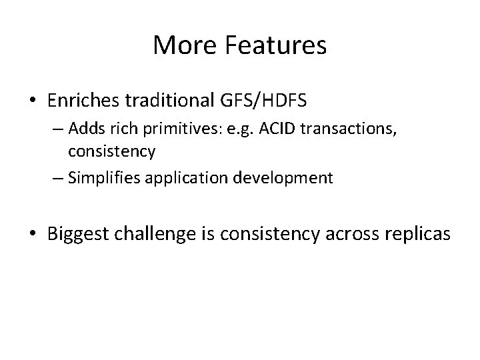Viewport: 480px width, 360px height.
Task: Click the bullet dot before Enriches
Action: (x=33, y=103)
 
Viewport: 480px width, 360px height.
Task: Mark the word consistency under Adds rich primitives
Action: (x=112, y=151)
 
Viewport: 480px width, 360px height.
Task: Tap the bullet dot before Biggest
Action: (x=33, y=235)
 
